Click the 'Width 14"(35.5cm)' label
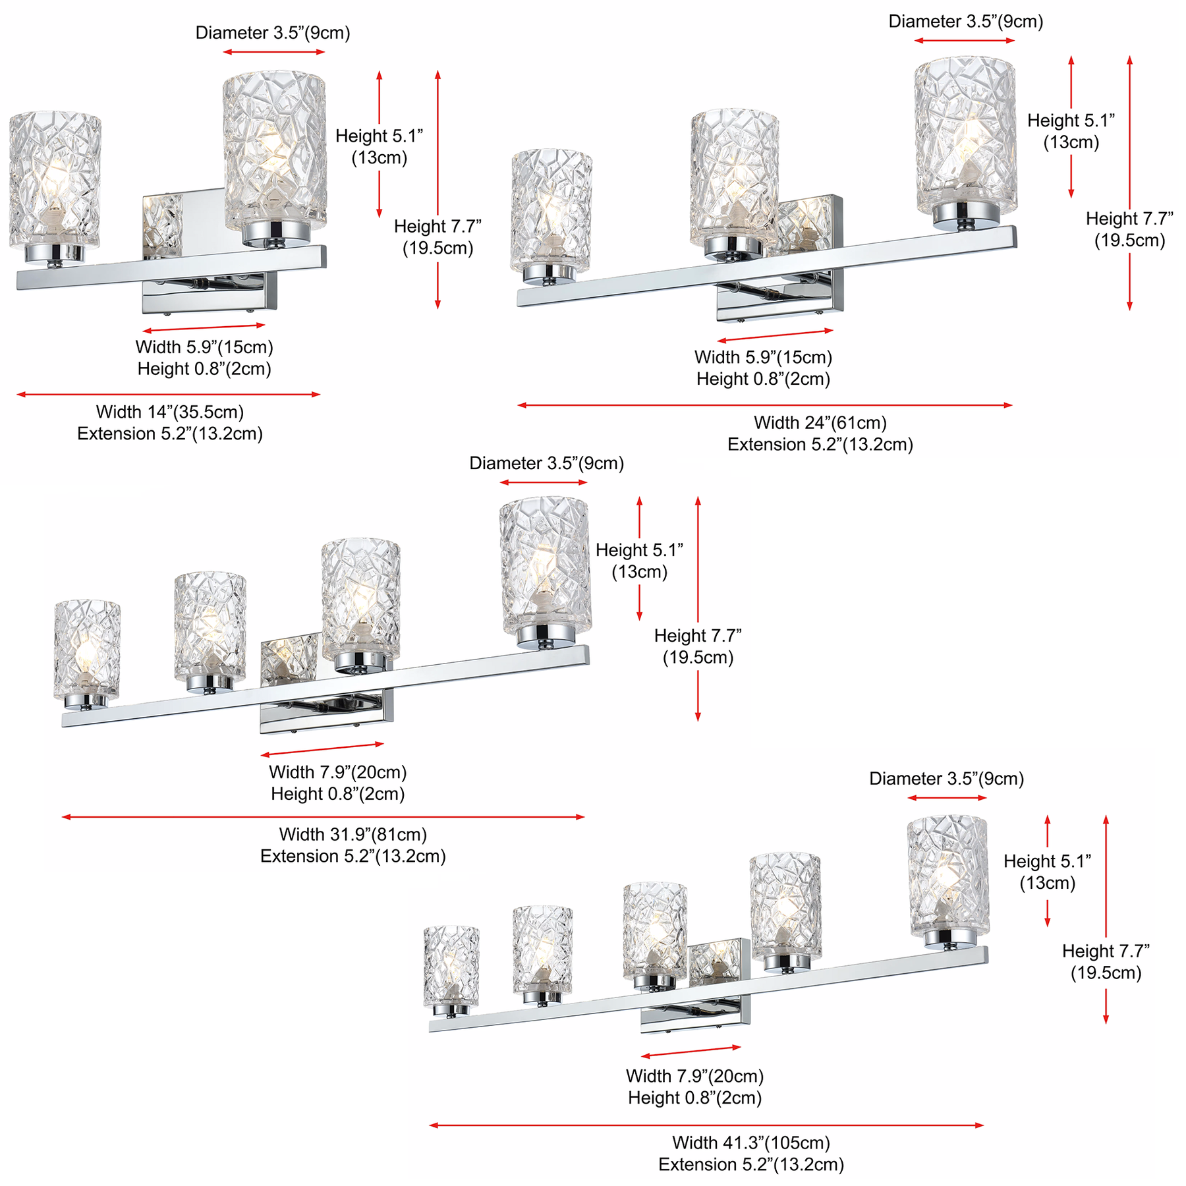[x=170, y=412]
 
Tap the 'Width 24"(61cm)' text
[x=820, y=422]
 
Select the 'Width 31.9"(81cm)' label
[x=353, y=834]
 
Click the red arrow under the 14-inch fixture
[x=169, y=395]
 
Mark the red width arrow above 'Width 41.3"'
[x=706, y=1125]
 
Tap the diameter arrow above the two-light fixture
[x=274, y=52]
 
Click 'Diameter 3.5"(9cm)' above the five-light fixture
[x=947, y=779]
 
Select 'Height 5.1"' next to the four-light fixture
[x=639, y=550]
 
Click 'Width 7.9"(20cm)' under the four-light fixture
[x=338, y=772]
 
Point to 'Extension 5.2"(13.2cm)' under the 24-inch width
[x=820, y=444]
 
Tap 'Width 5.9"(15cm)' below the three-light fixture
[x=764, y=357]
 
